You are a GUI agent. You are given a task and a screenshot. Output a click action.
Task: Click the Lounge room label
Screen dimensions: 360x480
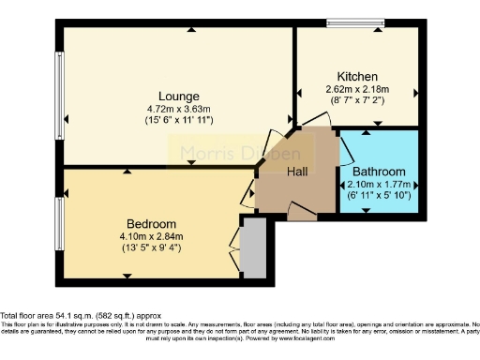click(178, 96)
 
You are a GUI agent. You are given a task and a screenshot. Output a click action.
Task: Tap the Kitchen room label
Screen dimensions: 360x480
click(357, 77)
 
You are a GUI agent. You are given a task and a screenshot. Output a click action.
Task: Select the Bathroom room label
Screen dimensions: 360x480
click(379, 172)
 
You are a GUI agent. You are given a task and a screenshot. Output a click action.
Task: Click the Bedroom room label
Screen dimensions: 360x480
click(152, 224)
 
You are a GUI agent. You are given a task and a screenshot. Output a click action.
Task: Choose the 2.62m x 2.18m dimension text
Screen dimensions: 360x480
click(357, 89)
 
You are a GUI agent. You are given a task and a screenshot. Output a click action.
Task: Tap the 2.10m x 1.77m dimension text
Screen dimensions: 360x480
click(379, 184)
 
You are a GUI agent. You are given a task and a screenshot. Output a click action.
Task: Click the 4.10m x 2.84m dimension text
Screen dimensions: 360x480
click(152, 236)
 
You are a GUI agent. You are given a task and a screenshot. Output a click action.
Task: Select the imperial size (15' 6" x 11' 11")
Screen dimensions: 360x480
click(178, 120)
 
